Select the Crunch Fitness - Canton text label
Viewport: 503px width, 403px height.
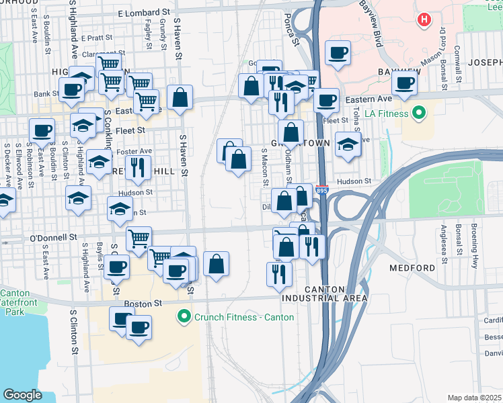point(244,316)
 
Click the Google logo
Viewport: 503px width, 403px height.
point(22,395)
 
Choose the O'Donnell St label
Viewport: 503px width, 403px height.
point(54,237)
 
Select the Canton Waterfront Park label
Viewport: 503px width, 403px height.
point(20,302)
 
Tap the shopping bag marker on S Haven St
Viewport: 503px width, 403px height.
point(180,97)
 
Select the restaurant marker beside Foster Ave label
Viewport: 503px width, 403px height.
point(137,167)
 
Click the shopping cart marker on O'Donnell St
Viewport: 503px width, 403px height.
point(139,238)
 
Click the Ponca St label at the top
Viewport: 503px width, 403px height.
point(291,30)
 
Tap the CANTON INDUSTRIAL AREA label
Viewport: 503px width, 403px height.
point(336,293)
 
